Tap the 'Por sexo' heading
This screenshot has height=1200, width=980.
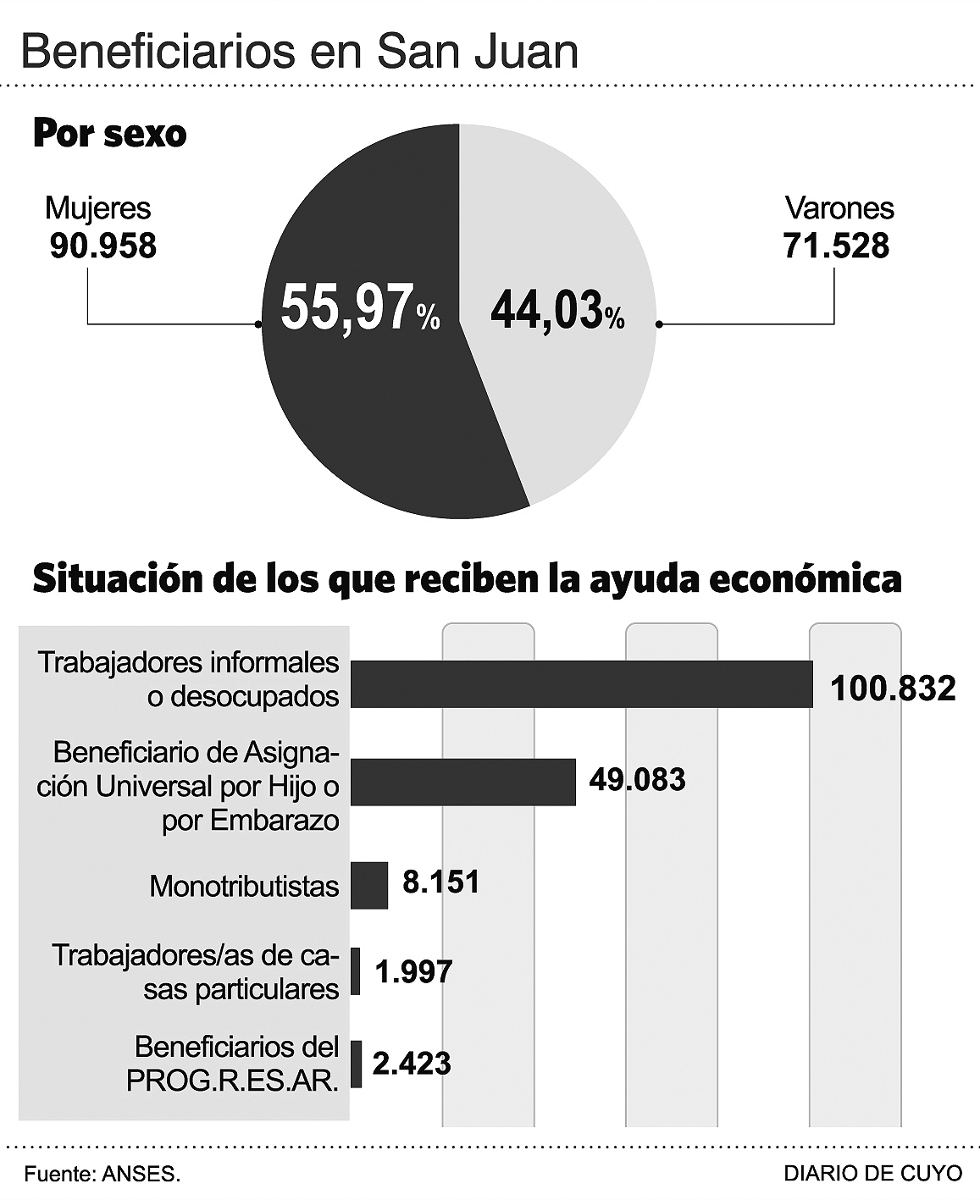(x=109, y=134)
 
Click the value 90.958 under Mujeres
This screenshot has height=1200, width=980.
(x=102, y=246)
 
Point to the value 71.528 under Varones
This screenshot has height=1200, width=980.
(x=836, y=246)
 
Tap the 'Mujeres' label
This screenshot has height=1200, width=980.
(x=97, y=208)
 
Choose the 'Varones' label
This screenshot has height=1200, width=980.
(x=839, y=208)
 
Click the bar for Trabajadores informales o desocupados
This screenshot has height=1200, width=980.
(x=581, y=683)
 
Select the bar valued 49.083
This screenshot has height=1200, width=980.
(x=462, y=782)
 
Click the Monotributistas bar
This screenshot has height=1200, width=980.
(x=369, y=885)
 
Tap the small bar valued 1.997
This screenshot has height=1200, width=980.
(x=356, y=971)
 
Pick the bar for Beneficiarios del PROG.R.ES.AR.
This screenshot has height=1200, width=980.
(x=357, y=1064)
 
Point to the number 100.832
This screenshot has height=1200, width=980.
(x=893, y=688)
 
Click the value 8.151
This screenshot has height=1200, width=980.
(x=440, y=882)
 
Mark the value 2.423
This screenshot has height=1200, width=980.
(x=412, y=1063)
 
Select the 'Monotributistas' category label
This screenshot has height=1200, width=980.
(x=244, y=887)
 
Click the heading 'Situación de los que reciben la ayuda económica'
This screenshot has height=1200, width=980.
(x=467, y=579)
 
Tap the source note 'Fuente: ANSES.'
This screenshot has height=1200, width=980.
(x=102, y=1175)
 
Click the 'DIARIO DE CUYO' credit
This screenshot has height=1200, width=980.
(x=872, y=1174)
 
